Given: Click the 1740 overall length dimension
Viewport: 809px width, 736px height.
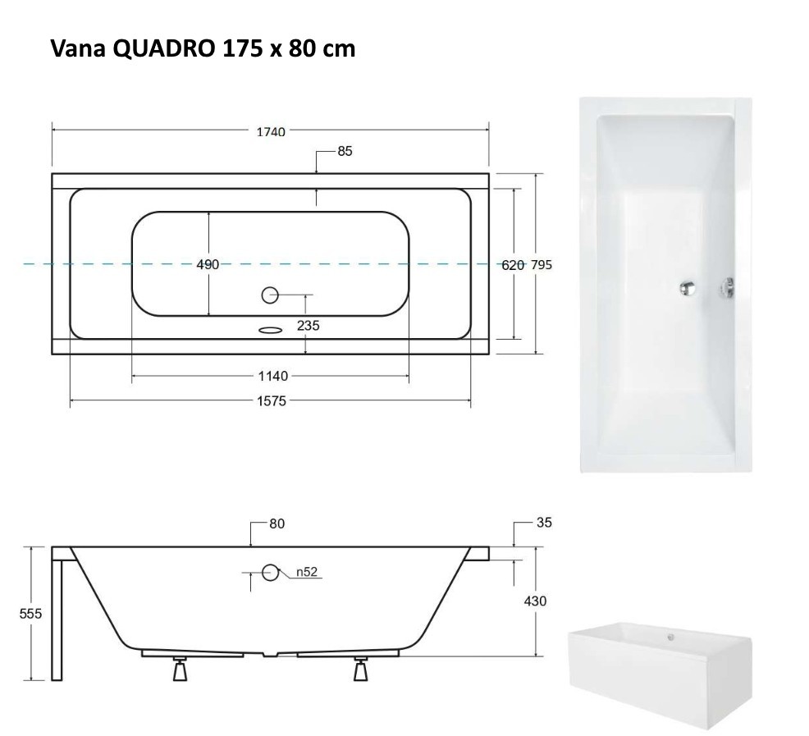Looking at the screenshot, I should click(270, 131).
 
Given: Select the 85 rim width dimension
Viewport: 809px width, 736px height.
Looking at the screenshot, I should click(345, 151).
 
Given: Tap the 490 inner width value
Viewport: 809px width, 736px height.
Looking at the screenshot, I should click(208, 264).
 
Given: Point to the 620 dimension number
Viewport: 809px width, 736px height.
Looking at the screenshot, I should click(513, 265).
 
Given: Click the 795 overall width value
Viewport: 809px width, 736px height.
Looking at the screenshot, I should click(542, 265).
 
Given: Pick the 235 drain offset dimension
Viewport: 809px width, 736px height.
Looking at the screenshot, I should click(308, 326).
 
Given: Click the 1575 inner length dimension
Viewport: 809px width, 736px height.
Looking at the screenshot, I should click(270, 401).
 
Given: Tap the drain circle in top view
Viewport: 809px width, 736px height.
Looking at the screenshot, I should click(270, 295).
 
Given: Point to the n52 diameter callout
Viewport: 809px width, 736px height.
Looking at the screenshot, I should click(306, 572).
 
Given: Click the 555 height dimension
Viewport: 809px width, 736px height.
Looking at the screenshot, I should click(30, 614).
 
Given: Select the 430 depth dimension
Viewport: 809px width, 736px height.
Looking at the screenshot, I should click(534, 601).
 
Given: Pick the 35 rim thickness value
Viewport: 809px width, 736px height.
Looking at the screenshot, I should click(544, 523).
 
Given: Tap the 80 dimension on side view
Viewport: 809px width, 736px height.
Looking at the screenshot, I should click(277, 523).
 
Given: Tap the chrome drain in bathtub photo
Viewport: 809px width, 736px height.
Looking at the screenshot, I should click(688, 287).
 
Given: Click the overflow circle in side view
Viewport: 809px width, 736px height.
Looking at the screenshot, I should click(270, 573).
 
